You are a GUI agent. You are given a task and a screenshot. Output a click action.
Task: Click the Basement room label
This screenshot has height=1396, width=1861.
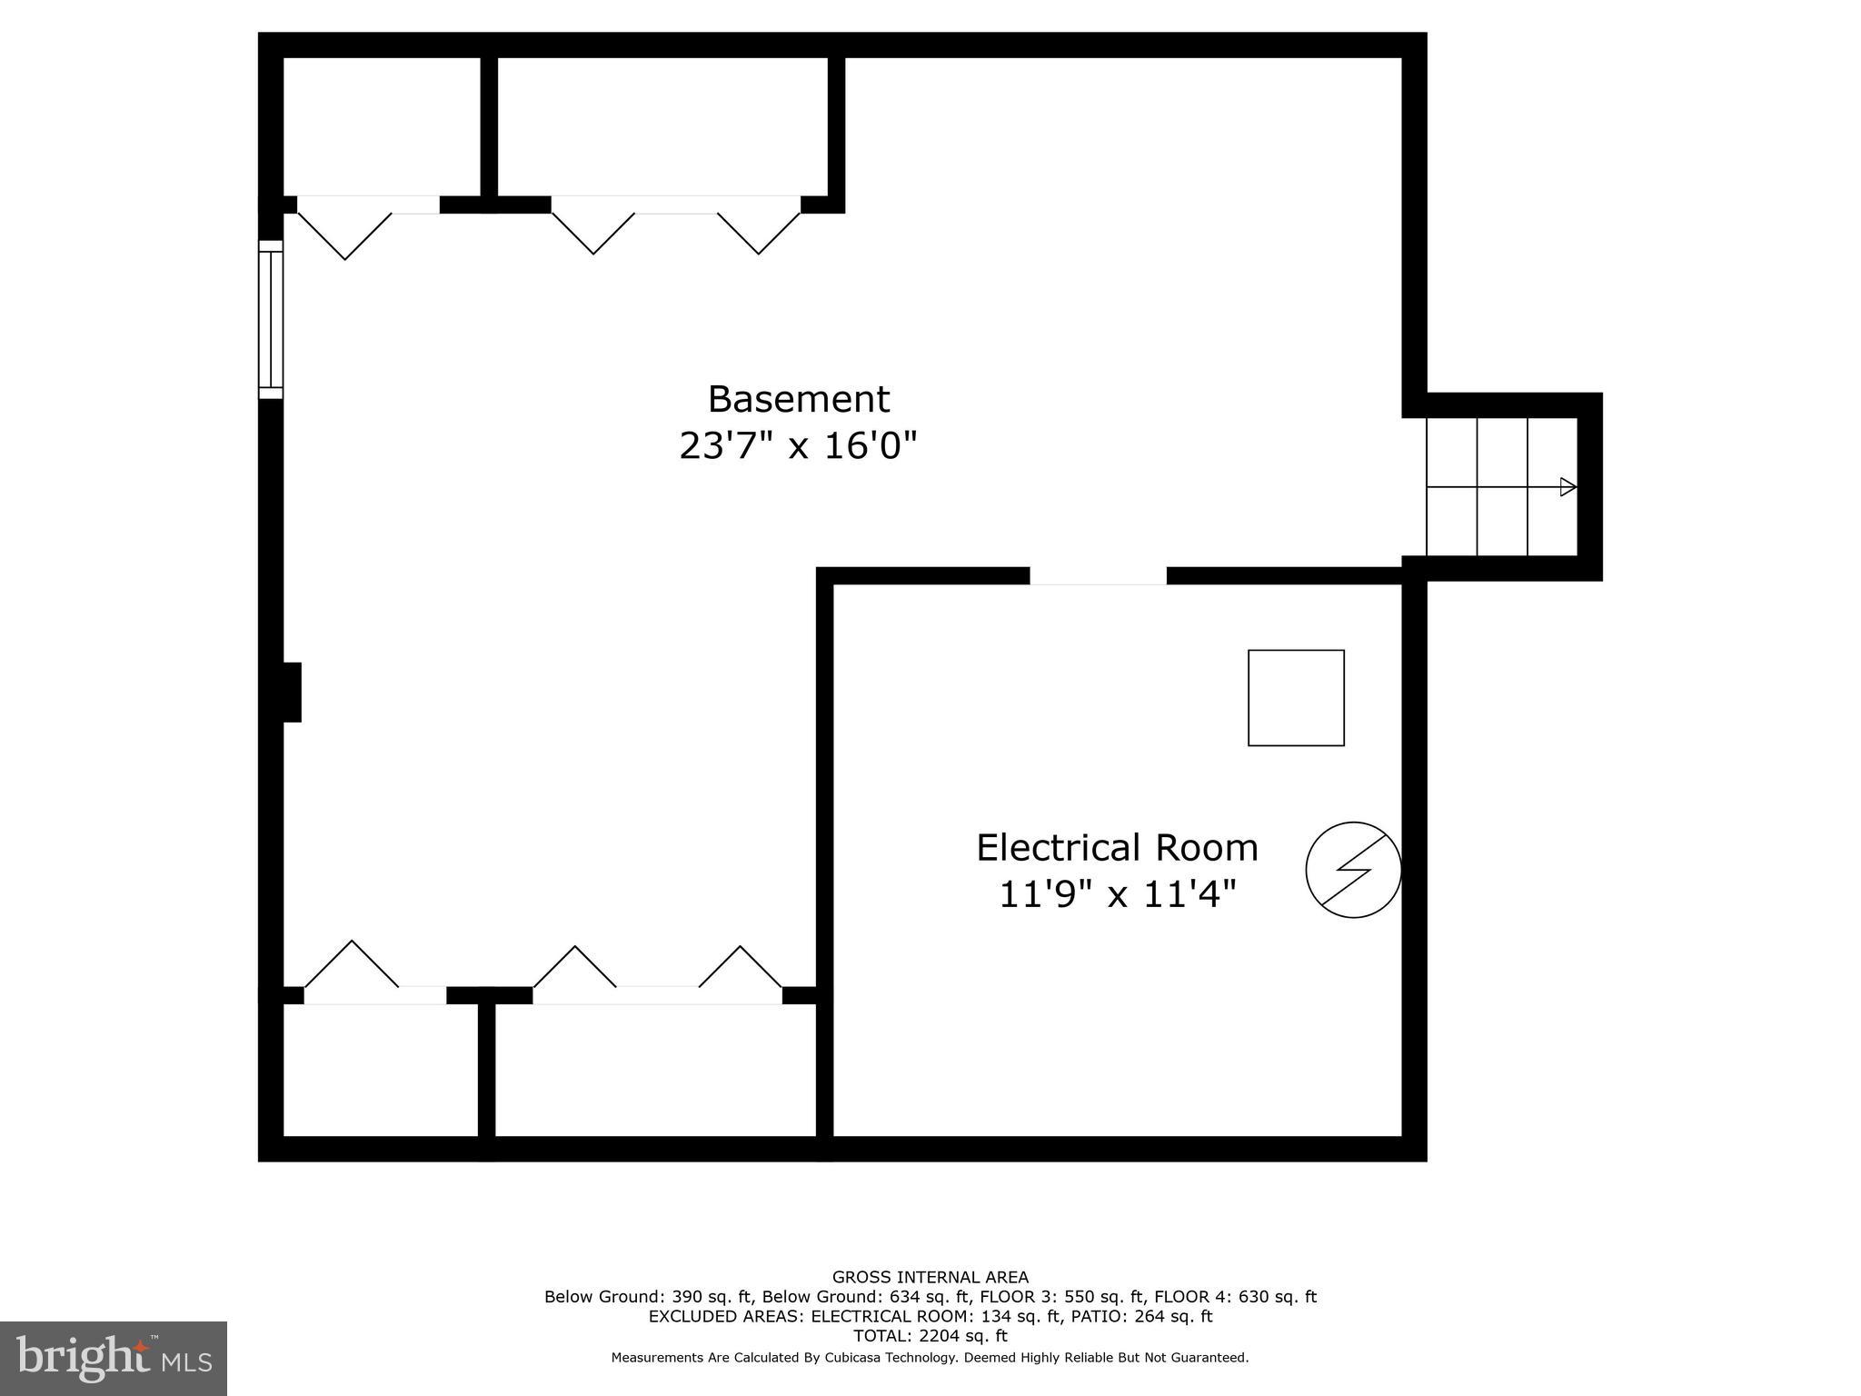tap(798, 400)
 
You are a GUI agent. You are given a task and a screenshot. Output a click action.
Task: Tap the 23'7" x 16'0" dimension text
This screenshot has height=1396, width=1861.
tap(798, 446)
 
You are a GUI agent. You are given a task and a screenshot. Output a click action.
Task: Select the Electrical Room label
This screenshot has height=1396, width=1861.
tap(1117, 848)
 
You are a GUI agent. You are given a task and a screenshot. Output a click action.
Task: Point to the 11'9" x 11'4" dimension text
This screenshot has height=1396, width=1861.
tap(1117, 894)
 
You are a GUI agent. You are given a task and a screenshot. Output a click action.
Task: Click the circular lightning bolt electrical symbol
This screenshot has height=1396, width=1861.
tap(1353, 870)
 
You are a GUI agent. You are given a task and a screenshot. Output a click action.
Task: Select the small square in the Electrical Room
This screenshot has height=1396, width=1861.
tap(1296, 698)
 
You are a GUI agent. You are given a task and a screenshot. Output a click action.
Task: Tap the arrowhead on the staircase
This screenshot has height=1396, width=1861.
tap(1567, 487)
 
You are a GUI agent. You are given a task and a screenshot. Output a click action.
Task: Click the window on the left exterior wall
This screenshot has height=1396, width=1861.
tap(271, 319)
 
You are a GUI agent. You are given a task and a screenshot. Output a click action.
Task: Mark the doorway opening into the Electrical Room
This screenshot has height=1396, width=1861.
tap(1098, 576)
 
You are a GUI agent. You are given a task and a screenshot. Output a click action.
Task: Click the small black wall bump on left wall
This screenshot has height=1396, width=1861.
tap(292, 693)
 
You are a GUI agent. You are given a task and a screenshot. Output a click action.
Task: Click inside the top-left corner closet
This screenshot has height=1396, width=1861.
tap(382, 125)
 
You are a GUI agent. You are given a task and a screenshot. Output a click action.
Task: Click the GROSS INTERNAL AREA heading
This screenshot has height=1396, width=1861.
tap(930, 1277)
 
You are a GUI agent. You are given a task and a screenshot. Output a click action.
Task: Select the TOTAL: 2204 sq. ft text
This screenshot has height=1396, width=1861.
tap(930, 1336)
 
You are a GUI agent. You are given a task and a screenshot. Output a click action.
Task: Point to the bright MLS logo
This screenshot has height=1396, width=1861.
tap(114, 1358)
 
